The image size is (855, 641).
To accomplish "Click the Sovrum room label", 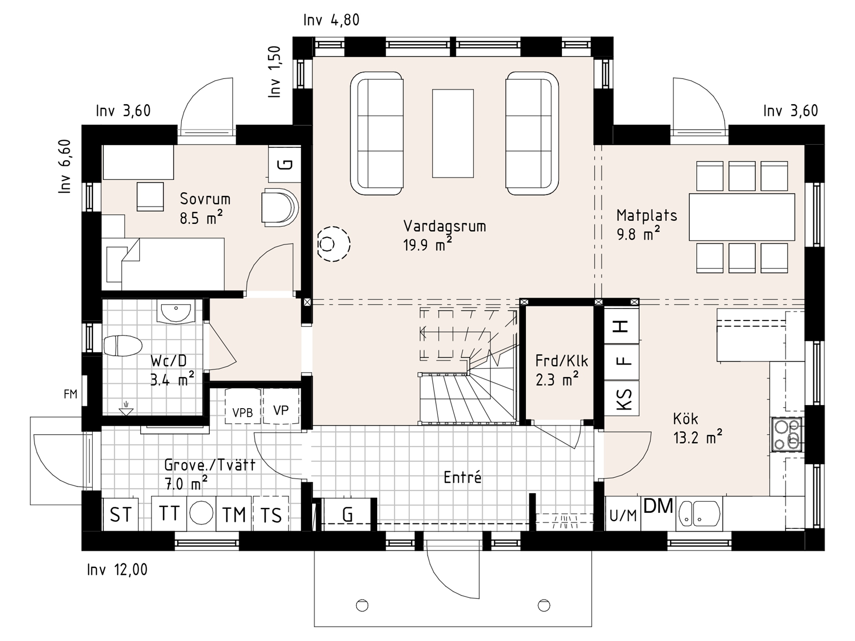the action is [205, 199].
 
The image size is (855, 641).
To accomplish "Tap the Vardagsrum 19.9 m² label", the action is [444, 235].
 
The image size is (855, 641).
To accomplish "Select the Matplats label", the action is [647, 215].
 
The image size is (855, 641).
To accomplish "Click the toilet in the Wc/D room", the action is [123, 346].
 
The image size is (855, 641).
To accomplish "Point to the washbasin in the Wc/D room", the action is [175, 312].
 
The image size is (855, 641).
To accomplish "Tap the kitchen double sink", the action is [699, 514].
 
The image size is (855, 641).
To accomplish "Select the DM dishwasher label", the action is [658, 506].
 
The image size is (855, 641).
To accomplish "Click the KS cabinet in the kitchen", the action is [622, 399].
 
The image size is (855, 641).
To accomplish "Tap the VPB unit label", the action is [242, 413].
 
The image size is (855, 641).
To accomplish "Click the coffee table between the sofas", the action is [453, 133].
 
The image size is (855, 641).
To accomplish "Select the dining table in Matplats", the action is [742, 217].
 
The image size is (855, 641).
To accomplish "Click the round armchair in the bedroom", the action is [279, 207].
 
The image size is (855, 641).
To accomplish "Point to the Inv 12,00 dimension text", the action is [117, 570].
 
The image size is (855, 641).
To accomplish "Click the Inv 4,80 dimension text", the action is [331, 20].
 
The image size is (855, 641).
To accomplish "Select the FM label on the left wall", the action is [71, 394].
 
